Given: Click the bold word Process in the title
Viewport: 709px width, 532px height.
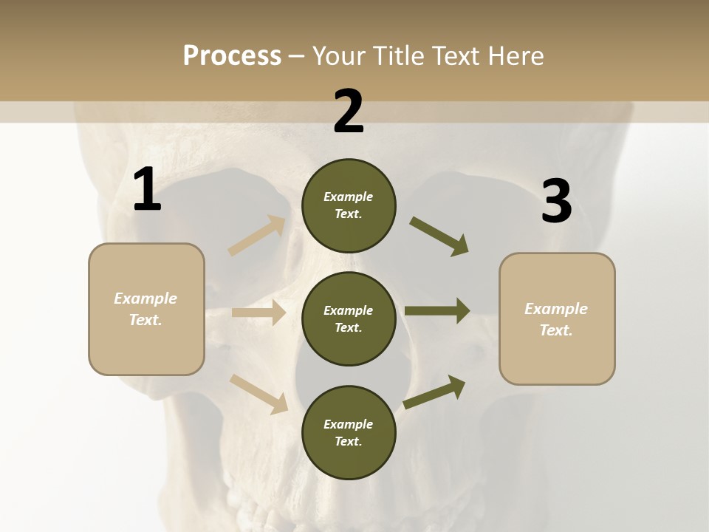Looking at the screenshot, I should click(232, 56).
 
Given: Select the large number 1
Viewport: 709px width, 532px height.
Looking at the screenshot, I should click(147, 190).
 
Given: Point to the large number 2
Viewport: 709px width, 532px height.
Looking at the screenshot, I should click(349, 112).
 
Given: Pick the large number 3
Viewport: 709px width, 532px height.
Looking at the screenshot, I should click(556, 201).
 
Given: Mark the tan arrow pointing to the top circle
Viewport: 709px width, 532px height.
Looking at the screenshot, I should click(257, 236).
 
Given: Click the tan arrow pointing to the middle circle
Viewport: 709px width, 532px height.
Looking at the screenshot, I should click(259, 313).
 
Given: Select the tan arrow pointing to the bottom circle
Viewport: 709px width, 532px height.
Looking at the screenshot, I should click(259, 394).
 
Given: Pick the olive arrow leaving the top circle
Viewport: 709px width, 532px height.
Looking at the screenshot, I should click(439, 236).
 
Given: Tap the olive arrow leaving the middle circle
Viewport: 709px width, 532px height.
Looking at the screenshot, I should click(437, 310).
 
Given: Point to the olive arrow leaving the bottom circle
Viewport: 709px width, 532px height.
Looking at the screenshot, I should click(434, 392).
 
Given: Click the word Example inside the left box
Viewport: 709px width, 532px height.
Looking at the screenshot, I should click(145, 299).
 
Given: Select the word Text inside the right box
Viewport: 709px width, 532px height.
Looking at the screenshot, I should click(555, 330).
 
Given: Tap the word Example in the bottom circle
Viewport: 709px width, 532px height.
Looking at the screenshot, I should click(348, 424).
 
